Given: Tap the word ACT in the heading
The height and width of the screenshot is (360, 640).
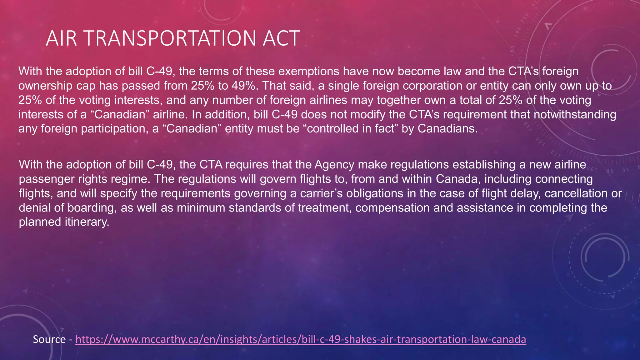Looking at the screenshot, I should click(281, 38).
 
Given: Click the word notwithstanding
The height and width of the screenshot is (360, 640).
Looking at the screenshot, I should click(575, 115).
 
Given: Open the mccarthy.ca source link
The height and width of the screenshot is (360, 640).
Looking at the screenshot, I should click(301, 339).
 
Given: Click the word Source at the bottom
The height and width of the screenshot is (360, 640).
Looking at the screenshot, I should click(49, 339).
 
